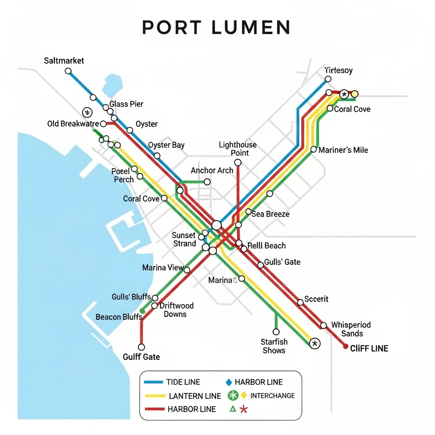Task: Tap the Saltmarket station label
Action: pyautogui.click(x=64, y=61)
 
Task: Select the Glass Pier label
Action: pyautogui.click(x=126, y=104)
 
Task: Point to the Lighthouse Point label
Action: pyautogui.click(x=237, y=149)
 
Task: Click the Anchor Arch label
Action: pyautogui.click(x=212, y=170)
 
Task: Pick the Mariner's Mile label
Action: pyautogui.click(x=343, y=150)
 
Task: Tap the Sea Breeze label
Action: pyautogui.click(x=270, y=214)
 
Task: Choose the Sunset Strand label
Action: pyautogui.click(x=184, y=240)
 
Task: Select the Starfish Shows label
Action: pyautogui.click(x=274, y=346)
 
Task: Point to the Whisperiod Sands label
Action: pyautogui.click(x=351, y=329)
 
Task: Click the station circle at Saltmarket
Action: pyautogui.click(x=68, y=71)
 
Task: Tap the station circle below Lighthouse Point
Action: pyautogui.click(x=238, y=163)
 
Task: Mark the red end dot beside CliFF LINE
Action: pyautogui.click(x=345, y=347)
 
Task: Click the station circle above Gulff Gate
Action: pyautogui.click(x=141, y=347)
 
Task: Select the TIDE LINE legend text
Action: pyautogui.click(x=183, y=382)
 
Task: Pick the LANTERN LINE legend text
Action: pyautogui.click(x=195, y=396)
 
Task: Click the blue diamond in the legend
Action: pyautogui.click(x=229, y=382)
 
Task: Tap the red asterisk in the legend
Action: pyautogui.click(x=243, y=409)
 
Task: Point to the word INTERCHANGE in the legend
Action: pyautogui.click(x=272, y=395)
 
